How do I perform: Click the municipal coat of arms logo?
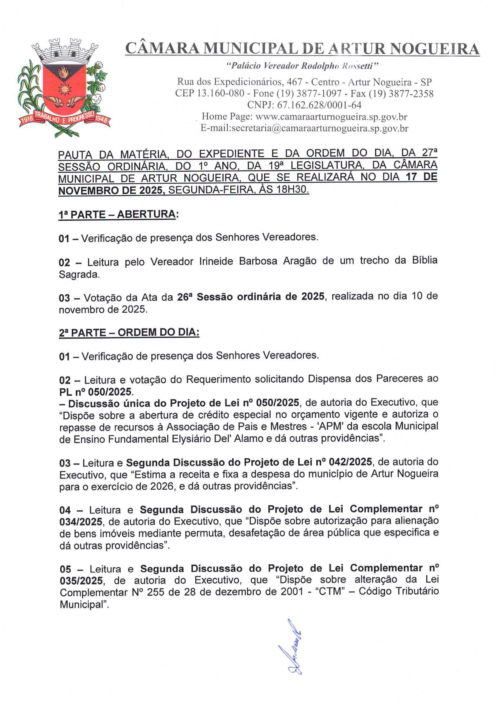pos(64,88)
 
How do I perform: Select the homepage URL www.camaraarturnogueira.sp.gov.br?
pos(331,117)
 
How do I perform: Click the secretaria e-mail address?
pos(320,128)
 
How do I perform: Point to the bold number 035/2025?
pos(81,581)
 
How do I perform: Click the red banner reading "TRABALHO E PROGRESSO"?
pos(64,118)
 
